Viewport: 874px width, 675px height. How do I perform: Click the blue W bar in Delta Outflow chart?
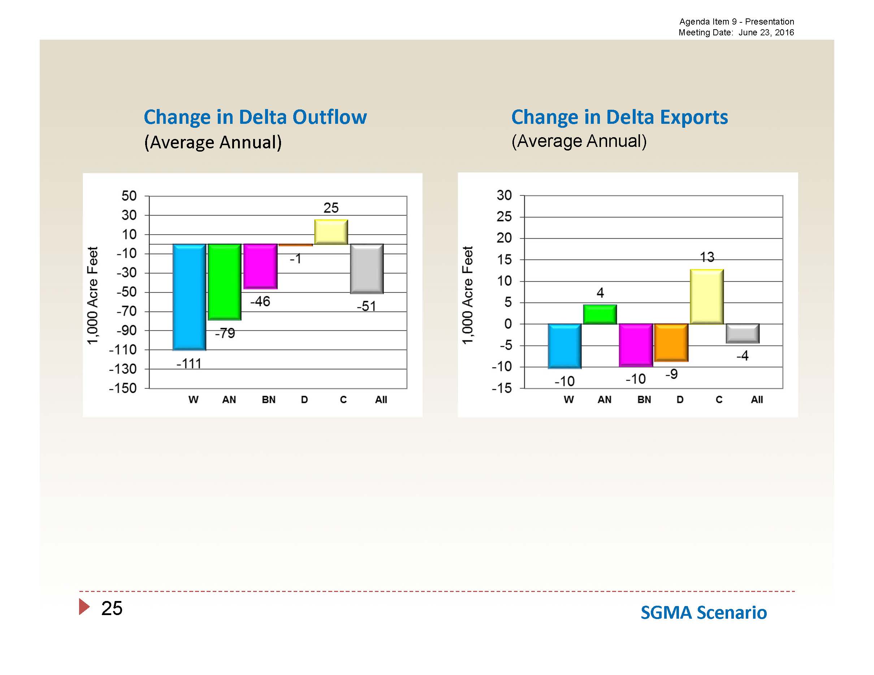[x=189, y=297]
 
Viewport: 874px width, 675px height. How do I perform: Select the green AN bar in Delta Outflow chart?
[x=225, y=282]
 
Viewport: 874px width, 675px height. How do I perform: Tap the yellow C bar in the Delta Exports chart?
[x=707, y=296]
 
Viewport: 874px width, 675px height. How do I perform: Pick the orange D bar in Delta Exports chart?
[x=671, y=342]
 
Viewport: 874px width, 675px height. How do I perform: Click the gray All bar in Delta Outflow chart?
[x=367, y=269]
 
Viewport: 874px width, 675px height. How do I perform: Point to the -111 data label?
[x=189, y=363]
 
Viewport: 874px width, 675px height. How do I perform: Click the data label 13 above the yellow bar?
[x=707, y=257]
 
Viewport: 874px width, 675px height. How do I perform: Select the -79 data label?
[x=225, y=333]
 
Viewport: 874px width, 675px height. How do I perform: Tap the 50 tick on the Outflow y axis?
[x=129, y=196]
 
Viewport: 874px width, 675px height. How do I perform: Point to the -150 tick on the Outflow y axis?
[x=123, y=388]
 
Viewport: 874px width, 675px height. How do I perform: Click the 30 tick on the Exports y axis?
[x=504, y=195]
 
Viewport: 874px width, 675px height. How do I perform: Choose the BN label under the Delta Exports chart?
[x=644, y=400]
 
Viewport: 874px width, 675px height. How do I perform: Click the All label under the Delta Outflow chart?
[x=381, y=400]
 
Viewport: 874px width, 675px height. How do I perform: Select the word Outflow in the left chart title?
[x=329, y=117]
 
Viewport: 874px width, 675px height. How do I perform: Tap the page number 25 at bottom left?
[x=112, y=608]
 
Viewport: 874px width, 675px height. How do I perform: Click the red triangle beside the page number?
[x=84, y=607]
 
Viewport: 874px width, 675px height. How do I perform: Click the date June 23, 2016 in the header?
[x=766, y=32]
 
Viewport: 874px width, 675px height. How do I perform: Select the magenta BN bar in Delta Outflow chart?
[x=260, y=266]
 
